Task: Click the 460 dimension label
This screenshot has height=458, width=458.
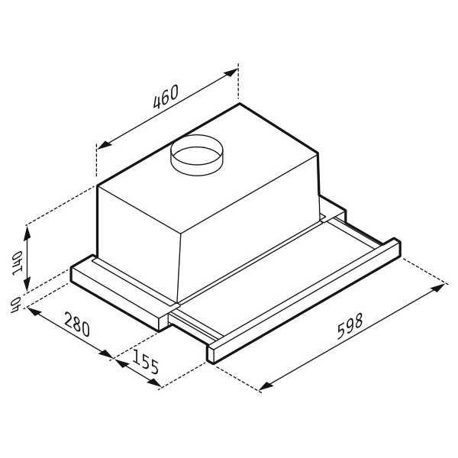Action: coord(166,97)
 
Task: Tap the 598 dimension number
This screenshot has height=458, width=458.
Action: coord(350,326)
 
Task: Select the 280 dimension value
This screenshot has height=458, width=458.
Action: coord(77,324)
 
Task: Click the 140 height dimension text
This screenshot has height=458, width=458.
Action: coord(18,263)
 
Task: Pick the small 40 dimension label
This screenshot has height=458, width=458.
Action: coord(15,305)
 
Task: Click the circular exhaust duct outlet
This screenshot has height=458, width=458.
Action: coord(197,155)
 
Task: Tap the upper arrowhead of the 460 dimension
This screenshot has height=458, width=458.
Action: coord(231,73)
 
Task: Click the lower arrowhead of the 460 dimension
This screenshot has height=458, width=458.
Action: coord(105,144)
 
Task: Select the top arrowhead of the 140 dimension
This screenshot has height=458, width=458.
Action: coord(27,233)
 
